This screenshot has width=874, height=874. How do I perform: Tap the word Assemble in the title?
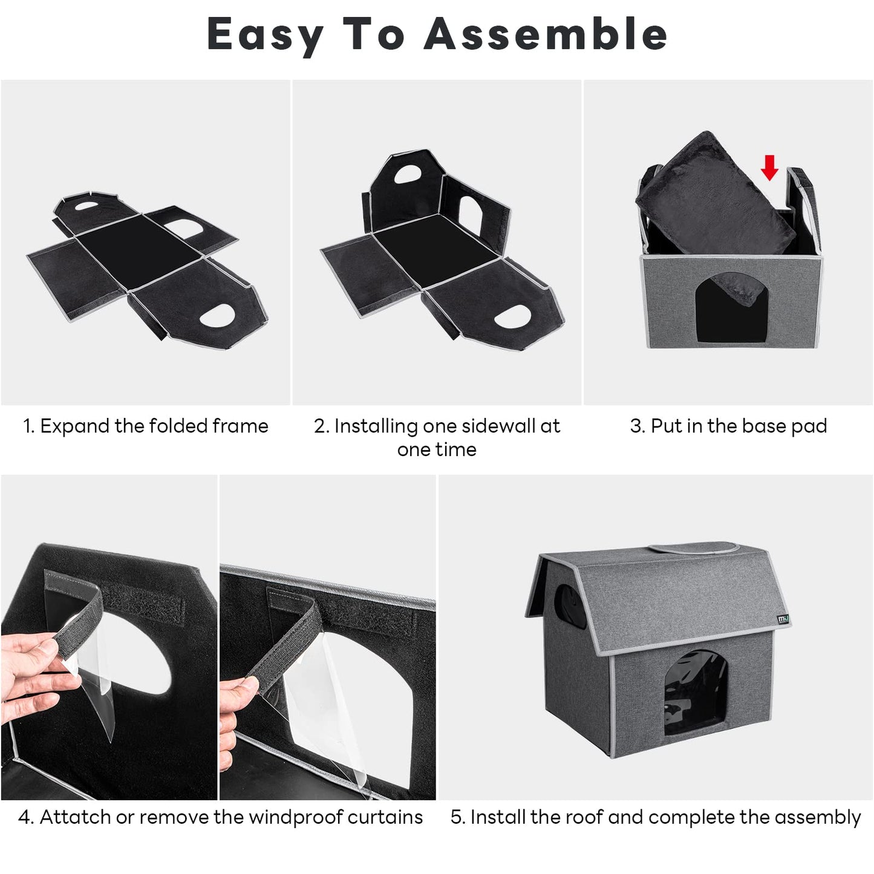545,33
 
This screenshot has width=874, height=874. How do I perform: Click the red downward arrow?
769,168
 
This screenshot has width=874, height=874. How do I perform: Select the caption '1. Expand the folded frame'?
146,426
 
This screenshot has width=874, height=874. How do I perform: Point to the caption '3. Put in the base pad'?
728,426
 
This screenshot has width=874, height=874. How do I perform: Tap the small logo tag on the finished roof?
783,619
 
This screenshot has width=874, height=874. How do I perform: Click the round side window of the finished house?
568,606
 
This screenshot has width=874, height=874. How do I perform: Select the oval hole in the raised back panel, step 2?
407,174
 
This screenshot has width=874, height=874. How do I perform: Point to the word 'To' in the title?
373,33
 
